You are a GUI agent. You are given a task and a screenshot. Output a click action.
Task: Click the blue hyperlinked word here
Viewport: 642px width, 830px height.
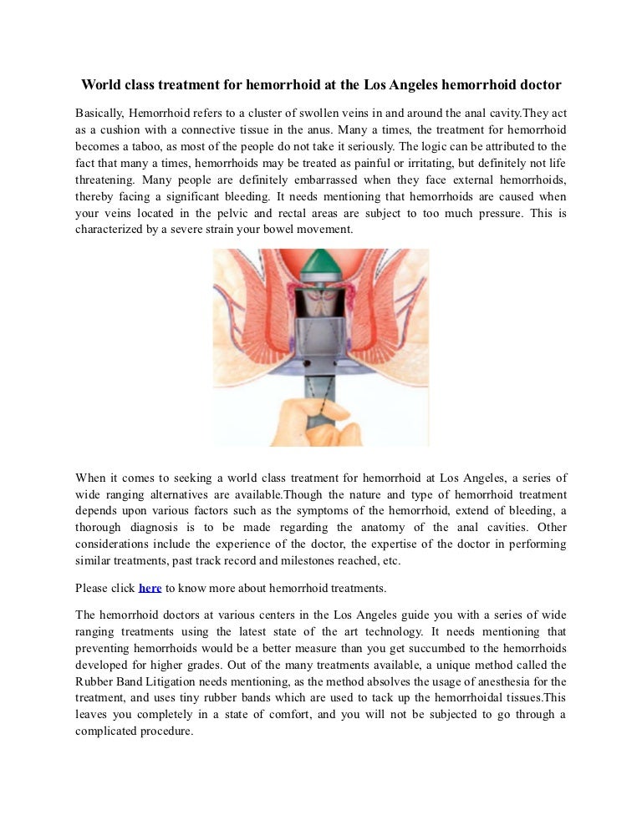150,588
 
